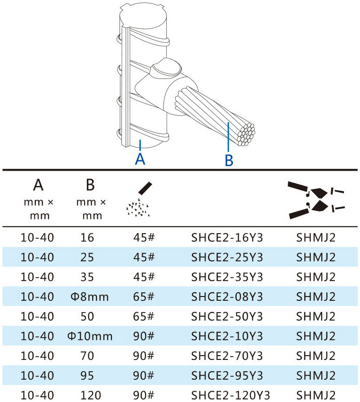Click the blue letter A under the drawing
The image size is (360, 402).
point(140,159)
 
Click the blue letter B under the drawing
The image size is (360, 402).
point(229,160)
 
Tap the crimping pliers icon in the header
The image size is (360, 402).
point(316,200)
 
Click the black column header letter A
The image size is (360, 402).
point(38,185)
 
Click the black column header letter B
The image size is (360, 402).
point(90,185)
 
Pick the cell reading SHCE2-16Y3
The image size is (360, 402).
point(227,238)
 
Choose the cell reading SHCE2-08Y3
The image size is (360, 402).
point(227,297)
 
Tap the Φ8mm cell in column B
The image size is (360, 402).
point(90,297)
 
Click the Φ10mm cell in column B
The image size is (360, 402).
point(90,336)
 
